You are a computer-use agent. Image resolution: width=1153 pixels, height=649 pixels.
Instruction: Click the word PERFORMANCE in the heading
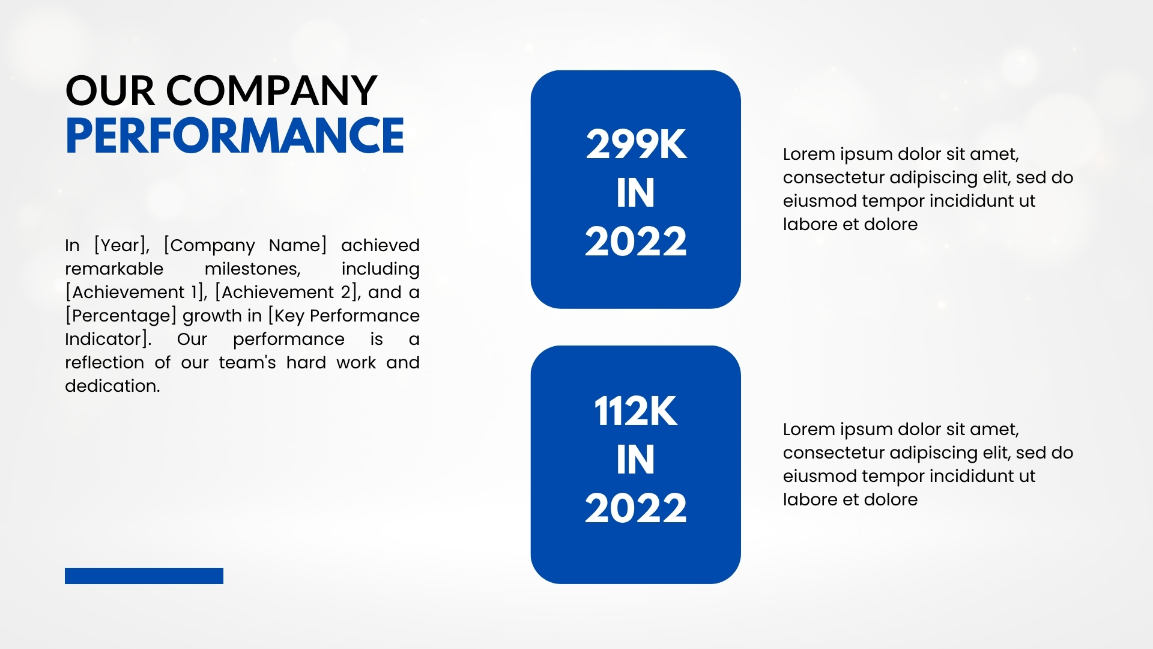pyautogui.click(x=235, y=135)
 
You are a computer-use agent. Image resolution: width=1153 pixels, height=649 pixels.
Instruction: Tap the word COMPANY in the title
pyautogui.click(x=271, y=91)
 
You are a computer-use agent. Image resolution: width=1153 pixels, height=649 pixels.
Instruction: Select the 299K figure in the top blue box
pyautogui.click(x=636, y=144)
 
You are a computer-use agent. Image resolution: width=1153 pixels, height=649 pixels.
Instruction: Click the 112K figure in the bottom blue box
pyautogui.click(x=636, y=412)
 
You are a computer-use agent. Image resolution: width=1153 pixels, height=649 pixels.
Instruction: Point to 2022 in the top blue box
pyautogui.click(x=636, y=242)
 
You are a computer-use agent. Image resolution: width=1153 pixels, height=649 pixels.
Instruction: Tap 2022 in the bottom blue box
pyautogui.click(x=636, y=508)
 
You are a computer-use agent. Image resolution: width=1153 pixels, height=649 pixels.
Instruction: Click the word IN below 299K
pyautogui.click(x=635, y=193)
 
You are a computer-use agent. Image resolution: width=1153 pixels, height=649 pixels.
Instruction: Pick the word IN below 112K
pyautogui.click(x=635, y=460)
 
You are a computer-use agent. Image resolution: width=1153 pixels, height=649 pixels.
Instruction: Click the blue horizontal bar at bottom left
pyautogui.click(x=144, y=576)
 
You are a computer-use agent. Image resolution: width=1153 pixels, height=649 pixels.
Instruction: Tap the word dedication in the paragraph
pyautogui.click(x=112, y=386)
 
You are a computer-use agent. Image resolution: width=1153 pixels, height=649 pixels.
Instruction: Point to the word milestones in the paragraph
pyautogui.click(x=253, y=269)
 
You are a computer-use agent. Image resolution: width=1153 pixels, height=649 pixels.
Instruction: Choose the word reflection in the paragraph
pyautogui.click(x=104, y=362)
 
